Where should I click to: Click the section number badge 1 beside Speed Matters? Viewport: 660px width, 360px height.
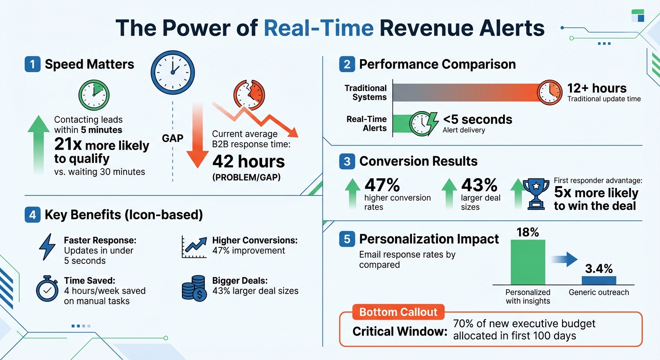(32, 64)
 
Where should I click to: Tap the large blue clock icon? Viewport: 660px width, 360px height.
(172, 70)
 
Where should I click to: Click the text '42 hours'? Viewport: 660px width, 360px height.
(248, 161)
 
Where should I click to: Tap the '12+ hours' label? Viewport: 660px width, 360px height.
(596, 88)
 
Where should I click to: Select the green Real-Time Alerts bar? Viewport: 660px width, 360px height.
(402, 123)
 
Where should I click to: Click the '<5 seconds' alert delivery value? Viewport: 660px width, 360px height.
(477, 120)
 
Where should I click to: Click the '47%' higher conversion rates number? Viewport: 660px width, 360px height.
(382, 185)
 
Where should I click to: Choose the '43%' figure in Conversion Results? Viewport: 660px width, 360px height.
(479, 185)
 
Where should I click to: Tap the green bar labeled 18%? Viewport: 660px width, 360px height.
(528, 262)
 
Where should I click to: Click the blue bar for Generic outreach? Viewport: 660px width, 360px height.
(599, 280)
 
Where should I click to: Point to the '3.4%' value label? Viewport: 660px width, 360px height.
(599, 269)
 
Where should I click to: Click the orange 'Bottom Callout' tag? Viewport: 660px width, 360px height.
(398, 312)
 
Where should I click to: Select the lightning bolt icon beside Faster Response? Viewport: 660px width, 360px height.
(47, 247)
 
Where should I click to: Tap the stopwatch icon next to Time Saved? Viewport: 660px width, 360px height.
(47, 289)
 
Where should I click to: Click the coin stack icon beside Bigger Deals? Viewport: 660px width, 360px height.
(193, 287)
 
